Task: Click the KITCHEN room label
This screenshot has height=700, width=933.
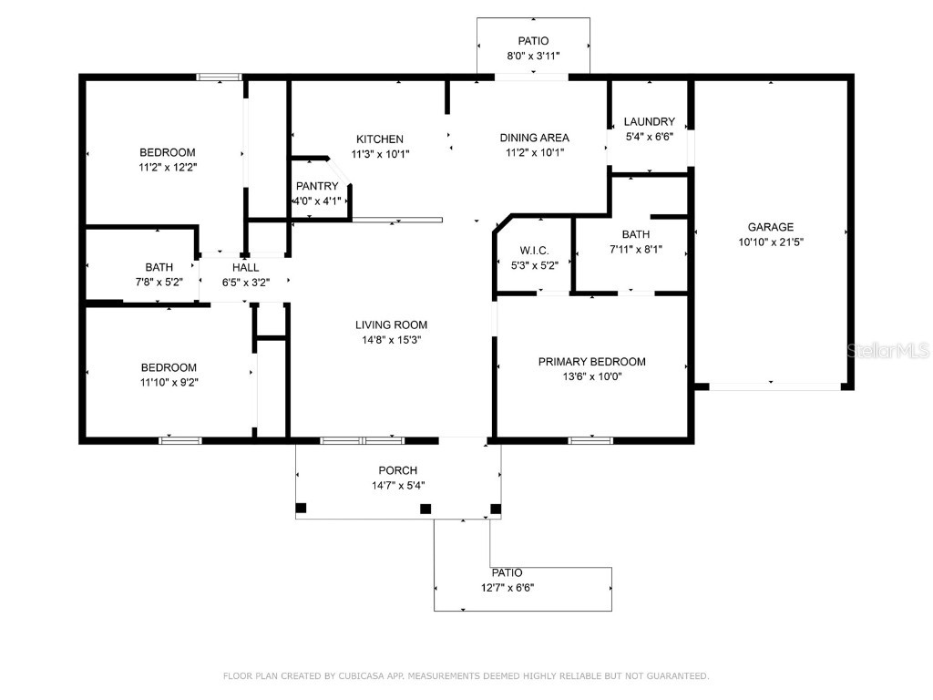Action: click(x=379, y=139)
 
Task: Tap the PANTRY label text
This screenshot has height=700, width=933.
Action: click(x=316, y=186)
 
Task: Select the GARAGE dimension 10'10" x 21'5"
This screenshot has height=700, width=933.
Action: click(x=771, y=242)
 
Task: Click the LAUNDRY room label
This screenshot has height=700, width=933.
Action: click(x=649, y=121)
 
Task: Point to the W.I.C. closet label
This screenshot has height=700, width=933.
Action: click(x=534, y=251)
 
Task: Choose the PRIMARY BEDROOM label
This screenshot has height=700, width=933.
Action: click(x=591, y=362)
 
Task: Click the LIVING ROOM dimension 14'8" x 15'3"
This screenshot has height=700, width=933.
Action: click(x=391, y=340)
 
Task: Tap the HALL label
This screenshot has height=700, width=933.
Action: click(x=245, y=267)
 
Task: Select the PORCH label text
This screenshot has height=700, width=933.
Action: click(x=398, y=470)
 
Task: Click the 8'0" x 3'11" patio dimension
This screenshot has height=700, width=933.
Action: click(x=533, y=56)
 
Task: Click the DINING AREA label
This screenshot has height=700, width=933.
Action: click(x=534, y=138)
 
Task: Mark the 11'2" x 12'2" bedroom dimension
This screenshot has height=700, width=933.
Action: click(x=167, y=167)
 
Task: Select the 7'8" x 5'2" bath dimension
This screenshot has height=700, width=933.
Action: click(x=159, y=283)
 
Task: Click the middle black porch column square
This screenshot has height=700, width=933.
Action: click(x=425, y=509)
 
